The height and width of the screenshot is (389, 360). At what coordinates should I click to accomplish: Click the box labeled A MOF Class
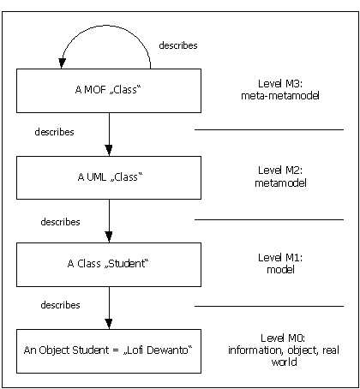pos(109,91)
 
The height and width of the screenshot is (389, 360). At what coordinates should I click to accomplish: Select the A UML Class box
pos(109,177)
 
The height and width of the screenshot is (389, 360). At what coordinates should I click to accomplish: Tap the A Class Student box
pos(109,265)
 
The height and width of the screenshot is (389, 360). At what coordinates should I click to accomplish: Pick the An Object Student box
pos(109,351)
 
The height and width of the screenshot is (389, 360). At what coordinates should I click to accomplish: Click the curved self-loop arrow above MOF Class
pos(106,26)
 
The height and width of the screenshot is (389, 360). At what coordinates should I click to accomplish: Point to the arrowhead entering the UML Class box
pos(109,150)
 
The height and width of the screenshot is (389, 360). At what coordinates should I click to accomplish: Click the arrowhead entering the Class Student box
pos(109,236)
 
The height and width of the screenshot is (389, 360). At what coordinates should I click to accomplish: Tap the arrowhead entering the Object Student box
pos(109,324)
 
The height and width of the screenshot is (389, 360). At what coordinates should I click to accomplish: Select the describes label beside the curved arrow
pos(178,45)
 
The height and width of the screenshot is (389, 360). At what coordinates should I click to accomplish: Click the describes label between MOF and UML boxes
pos(54,132)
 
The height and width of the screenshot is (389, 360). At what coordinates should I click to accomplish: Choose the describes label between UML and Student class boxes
pos(60,222)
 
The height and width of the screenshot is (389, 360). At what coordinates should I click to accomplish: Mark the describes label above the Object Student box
pos(60,305)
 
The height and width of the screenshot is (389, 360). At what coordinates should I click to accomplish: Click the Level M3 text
pos(280,84)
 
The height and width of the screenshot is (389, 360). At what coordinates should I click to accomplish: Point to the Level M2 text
pos(280,171)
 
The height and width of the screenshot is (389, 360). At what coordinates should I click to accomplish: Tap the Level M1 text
pos(280,258)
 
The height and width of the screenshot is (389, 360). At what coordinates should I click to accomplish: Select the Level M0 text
pos(283,338)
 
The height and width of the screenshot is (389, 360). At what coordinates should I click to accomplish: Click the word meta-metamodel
pos(280,96)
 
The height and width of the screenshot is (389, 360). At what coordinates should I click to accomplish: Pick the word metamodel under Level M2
pos(280,183)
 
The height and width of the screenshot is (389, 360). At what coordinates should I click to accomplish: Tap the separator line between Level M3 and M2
pos(269,129)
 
